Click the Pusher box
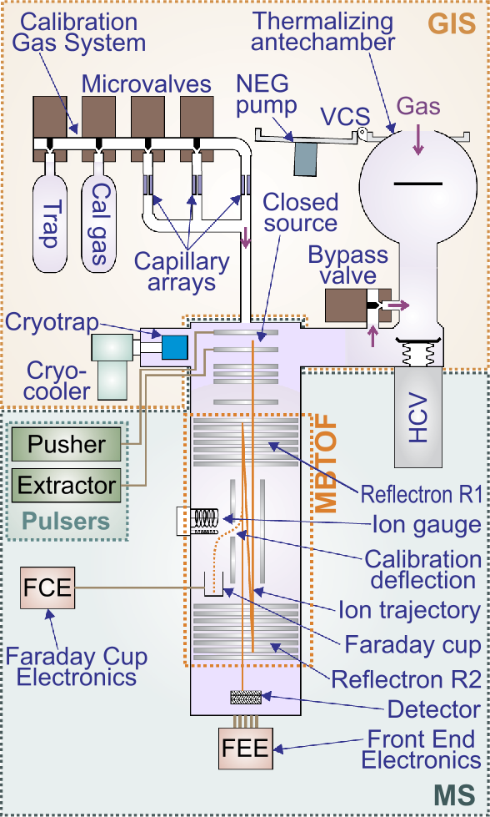coord(67,445)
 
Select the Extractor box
coord(67,485)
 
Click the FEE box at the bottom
coord(244,748)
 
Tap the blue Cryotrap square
coord(175,347)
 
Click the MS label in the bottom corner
coord(457,793)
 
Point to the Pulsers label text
coord(67,522)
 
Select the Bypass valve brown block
coord(348,307)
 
